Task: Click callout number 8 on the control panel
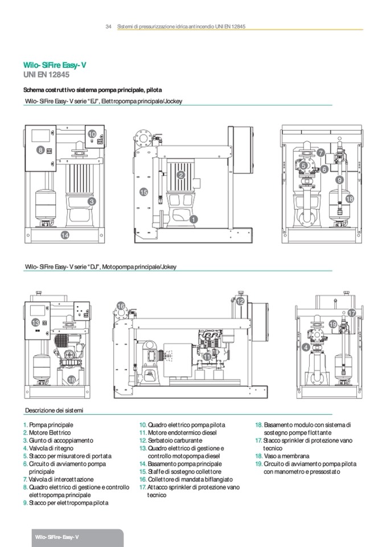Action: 40,150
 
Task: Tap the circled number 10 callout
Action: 92,134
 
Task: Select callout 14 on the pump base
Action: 65,235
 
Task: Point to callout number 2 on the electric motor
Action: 180,175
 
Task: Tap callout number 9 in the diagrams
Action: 339,180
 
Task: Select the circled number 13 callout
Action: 35,323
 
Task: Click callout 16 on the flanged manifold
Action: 121,306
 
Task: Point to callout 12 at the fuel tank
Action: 241,301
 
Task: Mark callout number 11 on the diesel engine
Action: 207,356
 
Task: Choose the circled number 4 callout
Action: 306,347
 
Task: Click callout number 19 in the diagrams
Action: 333,324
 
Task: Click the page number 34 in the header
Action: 108,26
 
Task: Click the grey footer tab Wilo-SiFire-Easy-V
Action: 56,538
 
